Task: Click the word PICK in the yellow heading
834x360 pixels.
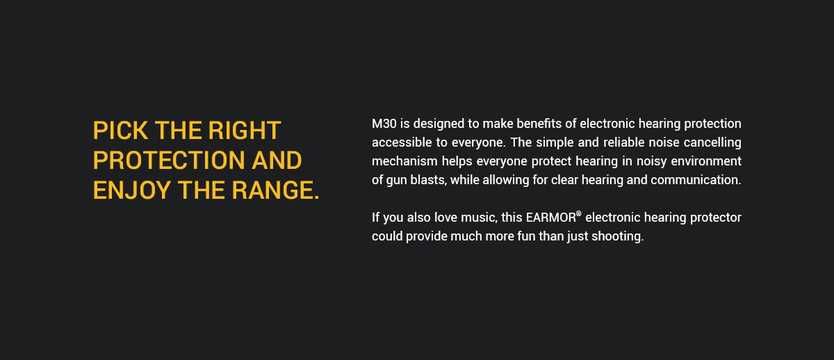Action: [x=120, y=131]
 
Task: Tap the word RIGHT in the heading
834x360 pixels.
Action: [x=244, y=131]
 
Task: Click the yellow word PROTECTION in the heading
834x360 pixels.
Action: [x=169, y=161]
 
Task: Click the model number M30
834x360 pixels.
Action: [x=384, y=124]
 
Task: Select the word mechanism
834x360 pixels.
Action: [x=404, y=161]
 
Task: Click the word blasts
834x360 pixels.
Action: [x=429, y=180]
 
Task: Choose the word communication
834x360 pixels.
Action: [x=696, y=180]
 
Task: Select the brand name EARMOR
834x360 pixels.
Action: [x=550, y=218]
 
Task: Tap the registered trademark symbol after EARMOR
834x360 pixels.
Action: [x=578, y=213]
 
